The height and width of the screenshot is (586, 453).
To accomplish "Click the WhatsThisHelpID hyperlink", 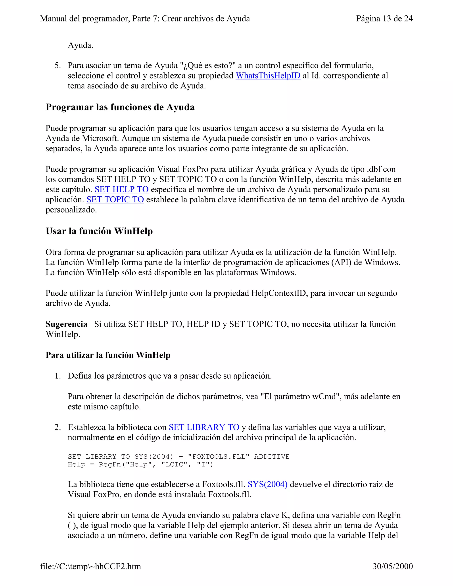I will pyautogui.click(x=268, y=76).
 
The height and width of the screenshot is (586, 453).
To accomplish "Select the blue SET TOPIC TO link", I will pyautogui.click(x=115, y=200).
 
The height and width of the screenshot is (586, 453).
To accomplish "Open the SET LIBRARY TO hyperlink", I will pyautogui.click(x=204, y=427).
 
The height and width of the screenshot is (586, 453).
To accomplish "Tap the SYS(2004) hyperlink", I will pyautogui.click(x=267, y=484).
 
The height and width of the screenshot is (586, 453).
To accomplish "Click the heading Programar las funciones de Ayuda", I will pyautogui.click(x=120, y=107).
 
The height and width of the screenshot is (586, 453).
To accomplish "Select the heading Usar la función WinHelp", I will pyautogui.click(x=99, y=231).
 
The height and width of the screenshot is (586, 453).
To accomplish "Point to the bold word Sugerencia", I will pyautogui.click(x=66, y=324).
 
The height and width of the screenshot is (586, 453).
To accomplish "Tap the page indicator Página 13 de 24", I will pyautogui.click(x=384, y=19).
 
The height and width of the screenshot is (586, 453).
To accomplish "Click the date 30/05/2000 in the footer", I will pyautogui.click(x=392, y=566).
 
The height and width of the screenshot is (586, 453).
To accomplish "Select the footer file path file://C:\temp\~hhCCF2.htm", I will pyautogui.click(x=90, y=566).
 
